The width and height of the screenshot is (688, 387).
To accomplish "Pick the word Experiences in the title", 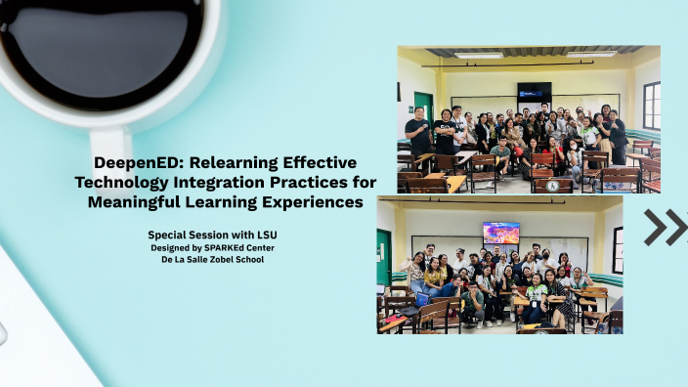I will (x=314, y=202).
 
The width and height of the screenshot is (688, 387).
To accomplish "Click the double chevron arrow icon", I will (x=666, y=227).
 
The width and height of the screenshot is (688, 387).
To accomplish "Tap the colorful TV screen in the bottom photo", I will (x=500, y=233).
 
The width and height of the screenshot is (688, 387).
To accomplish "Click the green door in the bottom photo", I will (x=384, y=256).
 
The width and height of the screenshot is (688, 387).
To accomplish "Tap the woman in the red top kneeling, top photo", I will (x=555, y=155).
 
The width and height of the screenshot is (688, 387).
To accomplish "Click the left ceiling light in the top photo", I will (x=478, y=55).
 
